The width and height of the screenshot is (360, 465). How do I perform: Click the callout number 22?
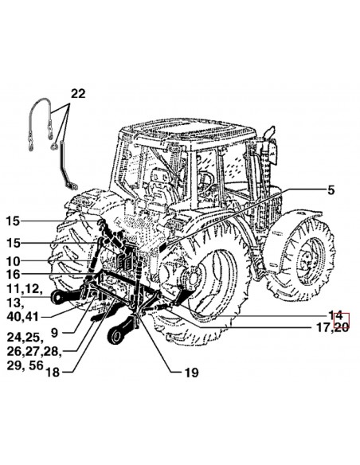pos(78,94)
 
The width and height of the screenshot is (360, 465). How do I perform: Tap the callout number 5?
pos(331,190)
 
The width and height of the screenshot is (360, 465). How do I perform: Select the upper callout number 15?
pos(13,221)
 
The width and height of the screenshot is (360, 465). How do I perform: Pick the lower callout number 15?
pos(13,243)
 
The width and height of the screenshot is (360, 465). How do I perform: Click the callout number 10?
pos(13,261)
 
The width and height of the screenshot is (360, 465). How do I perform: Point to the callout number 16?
pos(13,275)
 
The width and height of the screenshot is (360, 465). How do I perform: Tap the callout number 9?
pos(54,333)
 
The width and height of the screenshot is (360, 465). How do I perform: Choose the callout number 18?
pos(53,372)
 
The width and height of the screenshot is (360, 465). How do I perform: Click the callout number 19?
pos(191,373)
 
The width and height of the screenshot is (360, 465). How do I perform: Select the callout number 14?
pos(335,315)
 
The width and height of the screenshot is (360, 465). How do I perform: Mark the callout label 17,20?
pos(332,328)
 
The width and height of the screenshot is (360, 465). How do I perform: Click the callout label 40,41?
pos(22,317)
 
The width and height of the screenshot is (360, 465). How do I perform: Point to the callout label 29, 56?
pos(25,365)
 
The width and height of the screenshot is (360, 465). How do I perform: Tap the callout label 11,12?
pos(25,289)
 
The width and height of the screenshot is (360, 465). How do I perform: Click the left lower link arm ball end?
pos(58,298)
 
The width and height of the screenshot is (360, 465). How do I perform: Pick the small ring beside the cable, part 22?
pos(54,146)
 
